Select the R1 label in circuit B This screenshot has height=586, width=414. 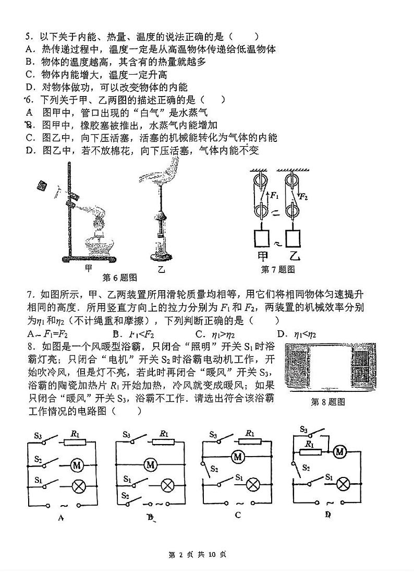164,434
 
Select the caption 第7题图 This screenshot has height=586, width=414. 278,269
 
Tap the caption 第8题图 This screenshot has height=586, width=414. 327,402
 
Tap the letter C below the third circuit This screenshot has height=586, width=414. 238,515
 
